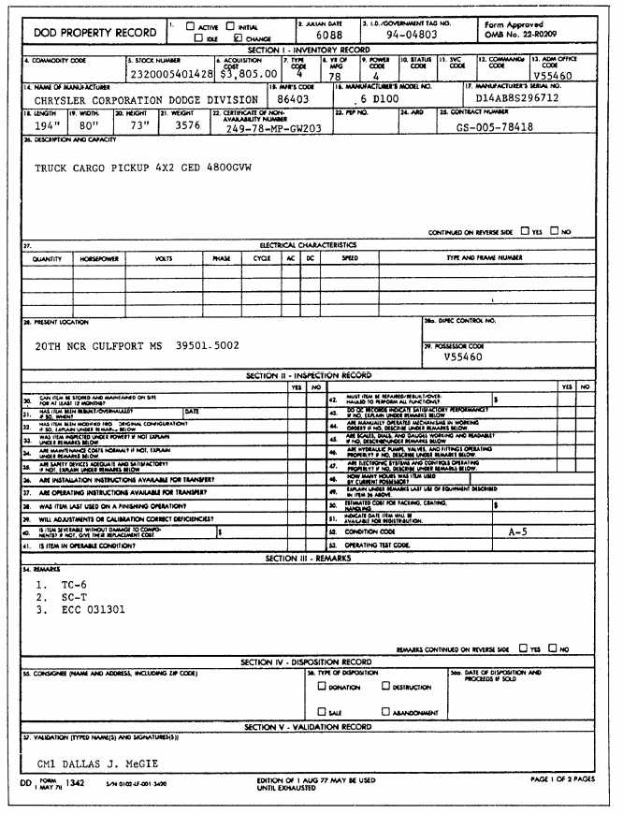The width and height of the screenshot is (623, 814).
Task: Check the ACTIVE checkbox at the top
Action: (x=190, y=26)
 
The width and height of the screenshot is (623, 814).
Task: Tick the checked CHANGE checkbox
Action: (x=238, y=38)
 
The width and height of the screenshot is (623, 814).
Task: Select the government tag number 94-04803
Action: (x=413, y=35)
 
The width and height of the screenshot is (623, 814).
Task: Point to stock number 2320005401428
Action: (x=173, y=73)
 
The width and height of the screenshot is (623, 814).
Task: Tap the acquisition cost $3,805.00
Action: (x=246, y=73)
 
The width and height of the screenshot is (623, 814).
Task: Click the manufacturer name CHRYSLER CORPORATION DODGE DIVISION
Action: (x=146, y=99)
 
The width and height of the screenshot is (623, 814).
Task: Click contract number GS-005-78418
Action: (x=496, y=126)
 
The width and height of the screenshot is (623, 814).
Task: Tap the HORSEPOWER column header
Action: (x=100, y=258)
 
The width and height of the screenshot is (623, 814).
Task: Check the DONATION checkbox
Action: (x=321, y=686)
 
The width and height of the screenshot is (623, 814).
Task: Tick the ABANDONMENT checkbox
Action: (x=385, y=712)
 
